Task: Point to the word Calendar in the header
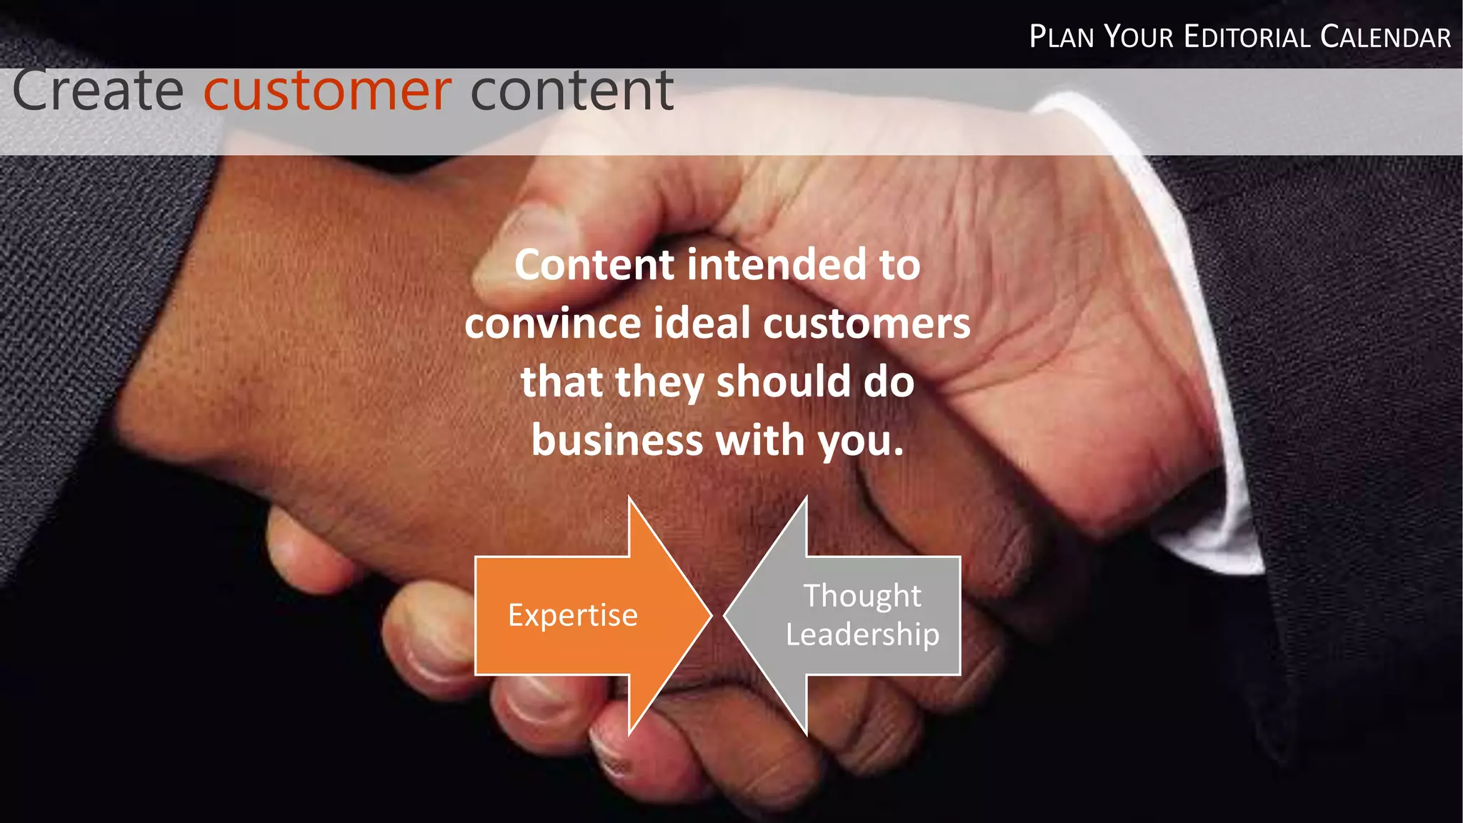tap(1385, 37)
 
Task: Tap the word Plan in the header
tap(1062, 37)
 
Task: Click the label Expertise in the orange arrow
tap(572, 615)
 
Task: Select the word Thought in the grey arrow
tap(862, 596)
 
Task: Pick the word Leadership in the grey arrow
tap(862, 634)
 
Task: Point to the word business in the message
tap(617, 441)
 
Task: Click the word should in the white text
tap(783, 382)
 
